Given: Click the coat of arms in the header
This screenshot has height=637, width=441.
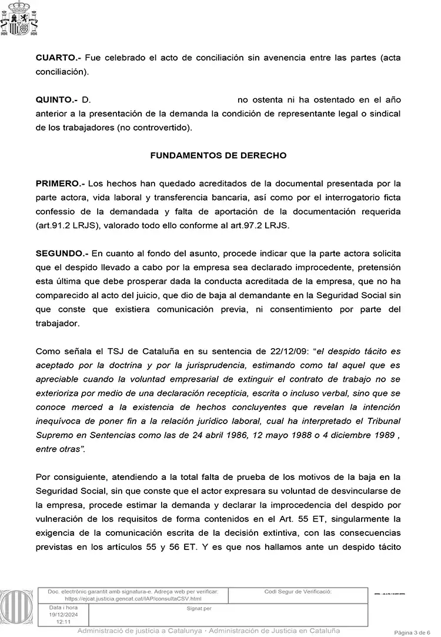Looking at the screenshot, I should [20, 19].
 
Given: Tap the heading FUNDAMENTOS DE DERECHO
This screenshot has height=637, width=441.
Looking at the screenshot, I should [218, 156].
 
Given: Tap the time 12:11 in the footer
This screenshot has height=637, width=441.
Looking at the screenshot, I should [63, 621].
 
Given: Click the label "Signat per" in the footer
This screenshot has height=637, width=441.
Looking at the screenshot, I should [199, 608].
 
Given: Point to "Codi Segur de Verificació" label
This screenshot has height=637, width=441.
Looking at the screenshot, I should [298, 591].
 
